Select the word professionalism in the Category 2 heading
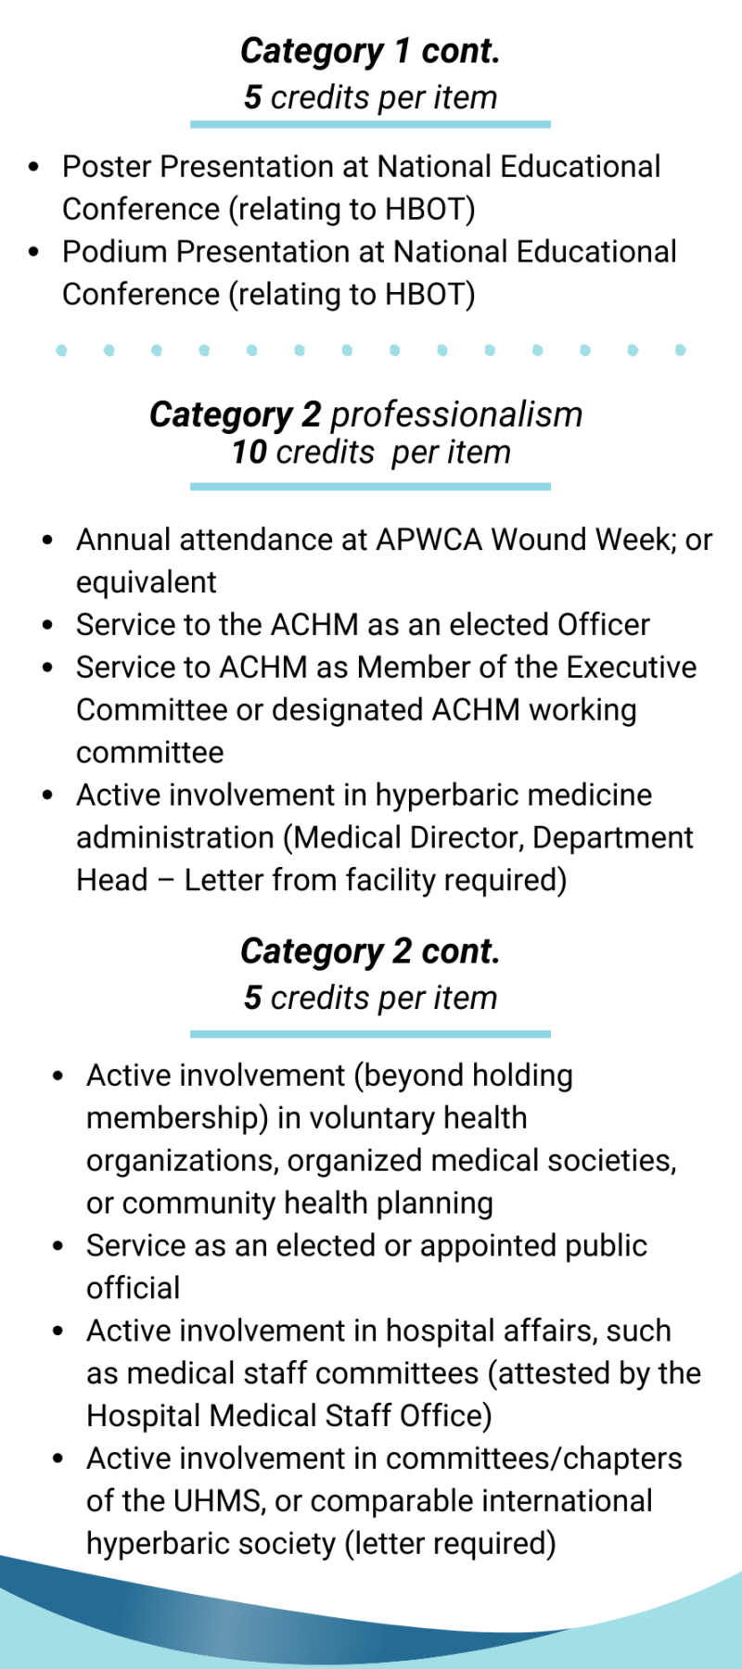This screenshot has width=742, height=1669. (456, 414)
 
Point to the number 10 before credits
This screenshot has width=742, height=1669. (249, 452)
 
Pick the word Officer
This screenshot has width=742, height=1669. (604, 625)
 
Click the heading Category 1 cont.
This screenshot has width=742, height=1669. (370, 52)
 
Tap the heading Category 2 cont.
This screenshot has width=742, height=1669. (370, 952)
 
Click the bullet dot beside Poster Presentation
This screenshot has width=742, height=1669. (34, 168)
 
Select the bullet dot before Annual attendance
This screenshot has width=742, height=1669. (48, 541)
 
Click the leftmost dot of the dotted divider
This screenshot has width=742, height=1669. (61, 350)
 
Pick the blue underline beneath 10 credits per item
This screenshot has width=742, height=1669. (370, 486)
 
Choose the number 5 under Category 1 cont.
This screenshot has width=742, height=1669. (252, 97)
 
